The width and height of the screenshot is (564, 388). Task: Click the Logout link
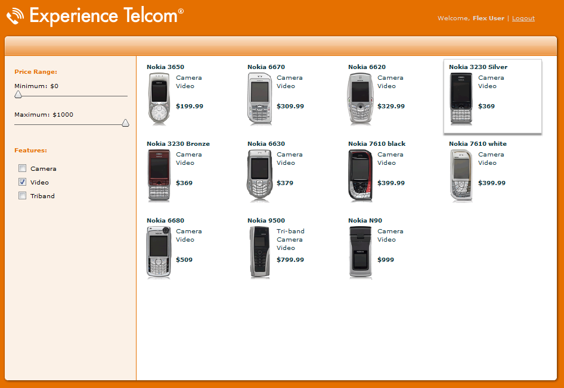(x=523, y=18)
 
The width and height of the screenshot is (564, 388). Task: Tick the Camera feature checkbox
(x=22, y=168)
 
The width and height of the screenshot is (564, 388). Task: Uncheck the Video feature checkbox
(x=22, y=182)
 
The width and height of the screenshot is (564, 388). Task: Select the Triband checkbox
(x=22, y=195)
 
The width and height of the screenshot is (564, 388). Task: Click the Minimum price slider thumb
(x=18, y=95)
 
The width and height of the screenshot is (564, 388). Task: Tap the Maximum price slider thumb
(x=125, y=123)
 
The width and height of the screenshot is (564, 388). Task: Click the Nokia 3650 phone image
(x=159, y=99)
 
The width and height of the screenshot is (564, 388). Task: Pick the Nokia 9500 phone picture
(x=260, y=252)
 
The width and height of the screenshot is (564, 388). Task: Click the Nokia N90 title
(x=365, y=220)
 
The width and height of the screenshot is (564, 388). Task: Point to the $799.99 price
(x=290, y=259)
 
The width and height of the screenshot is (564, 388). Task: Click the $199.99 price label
(x=190, y=106)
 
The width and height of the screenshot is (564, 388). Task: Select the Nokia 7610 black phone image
(x=361, y=176)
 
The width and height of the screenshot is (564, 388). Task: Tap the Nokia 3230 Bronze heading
(x=178, y=143)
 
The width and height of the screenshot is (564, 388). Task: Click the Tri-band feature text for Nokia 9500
(x=290, y=231)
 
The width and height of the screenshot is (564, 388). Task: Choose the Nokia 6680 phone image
(x=159, y=252)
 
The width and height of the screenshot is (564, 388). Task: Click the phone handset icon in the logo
(x=15, y=17)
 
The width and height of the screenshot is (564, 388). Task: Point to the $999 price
(x=386, y=259)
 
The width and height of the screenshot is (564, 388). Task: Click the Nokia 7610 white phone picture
(x=461, y=176)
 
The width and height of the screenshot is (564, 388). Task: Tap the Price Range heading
(x=36, y=72)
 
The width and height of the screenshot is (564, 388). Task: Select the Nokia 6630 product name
(x=266, y=143)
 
